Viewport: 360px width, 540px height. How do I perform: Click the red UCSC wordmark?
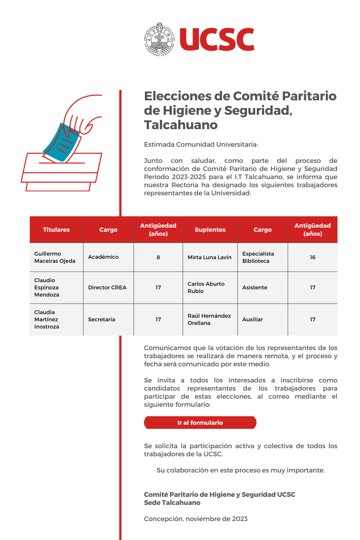tap(217, 39)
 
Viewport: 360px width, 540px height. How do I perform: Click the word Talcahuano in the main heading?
tap(181, 124)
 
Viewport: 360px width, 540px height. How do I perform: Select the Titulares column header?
tap(56, 229)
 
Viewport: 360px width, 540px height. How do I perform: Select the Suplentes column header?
tap(210, 229)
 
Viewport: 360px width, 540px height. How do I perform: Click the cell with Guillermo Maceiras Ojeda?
tap(55, 257)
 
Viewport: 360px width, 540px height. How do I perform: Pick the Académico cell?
tap(103, 257)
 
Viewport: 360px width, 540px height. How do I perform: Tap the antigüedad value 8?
tap(158, 257)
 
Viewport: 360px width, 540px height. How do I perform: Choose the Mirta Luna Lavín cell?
tap(210, 257)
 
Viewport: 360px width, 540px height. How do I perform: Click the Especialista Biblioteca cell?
tap(258, 257)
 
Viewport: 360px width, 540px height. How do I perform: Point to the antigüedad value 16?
tap(312, 257)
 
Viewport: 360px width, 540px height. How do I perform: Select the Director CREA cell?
tap(107, 288)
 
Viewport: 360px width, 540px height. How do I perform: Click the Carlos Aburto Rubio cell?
tap(206, 288)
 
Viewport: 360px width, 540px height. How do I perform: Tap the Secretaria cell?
tap(102, 319)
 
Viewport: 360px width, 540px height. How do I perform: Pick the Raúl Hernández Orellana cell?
tap(209, 319)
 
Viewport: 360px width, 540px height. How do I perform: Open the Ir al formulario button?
tap(200, 423)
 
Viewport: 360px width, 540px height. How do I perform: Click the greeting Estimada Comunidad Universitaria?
tap(201, 145)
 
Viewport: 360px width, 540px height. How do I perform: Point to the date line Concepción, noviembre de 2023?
tap(196, 519)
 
